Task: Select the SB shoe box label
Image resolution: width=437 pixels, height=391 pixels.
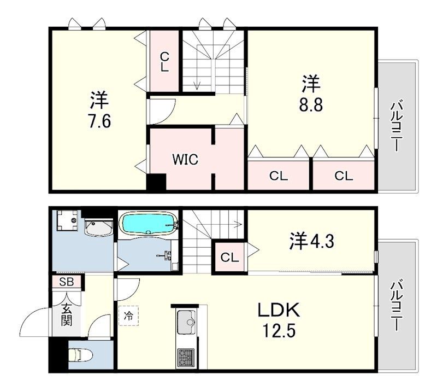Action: (x=67, y=282)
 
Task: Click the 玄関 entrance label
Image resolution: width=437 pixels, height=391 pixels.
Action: (x=66, y=316)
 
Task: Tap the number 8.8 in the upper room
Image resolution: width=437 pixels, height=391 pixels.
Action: (x=311, y=104)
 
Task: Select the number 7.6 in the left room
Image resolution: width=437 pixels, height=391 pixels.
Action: (x=99, y=120)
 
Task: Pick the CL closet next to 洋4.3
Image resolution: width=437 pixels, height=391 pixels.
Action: (x=230, y=257)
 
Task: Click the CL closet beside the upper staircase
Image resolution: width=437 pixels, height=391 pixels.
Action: (x=164, y=61)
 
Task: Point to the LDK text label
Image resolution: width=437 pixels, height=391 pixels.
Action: (x=279, y=311)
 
